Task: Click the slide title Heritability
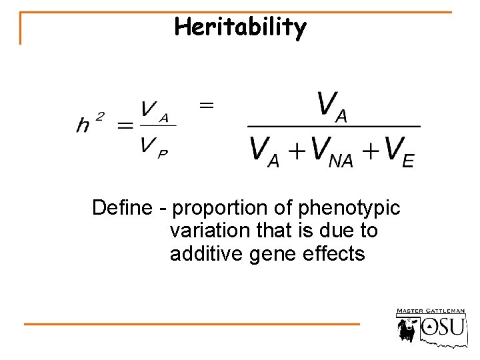click(241, 27)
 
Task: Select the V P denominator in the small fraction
click(154, 149)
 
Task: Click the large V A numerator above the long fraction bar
click(332, 107)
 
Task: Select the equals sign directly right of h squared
click(125, 125)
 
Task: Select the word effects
click(336, 254)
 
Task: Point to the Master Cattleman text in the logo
click(431, 311)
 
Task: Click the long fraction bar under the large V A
click(333, 126)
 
